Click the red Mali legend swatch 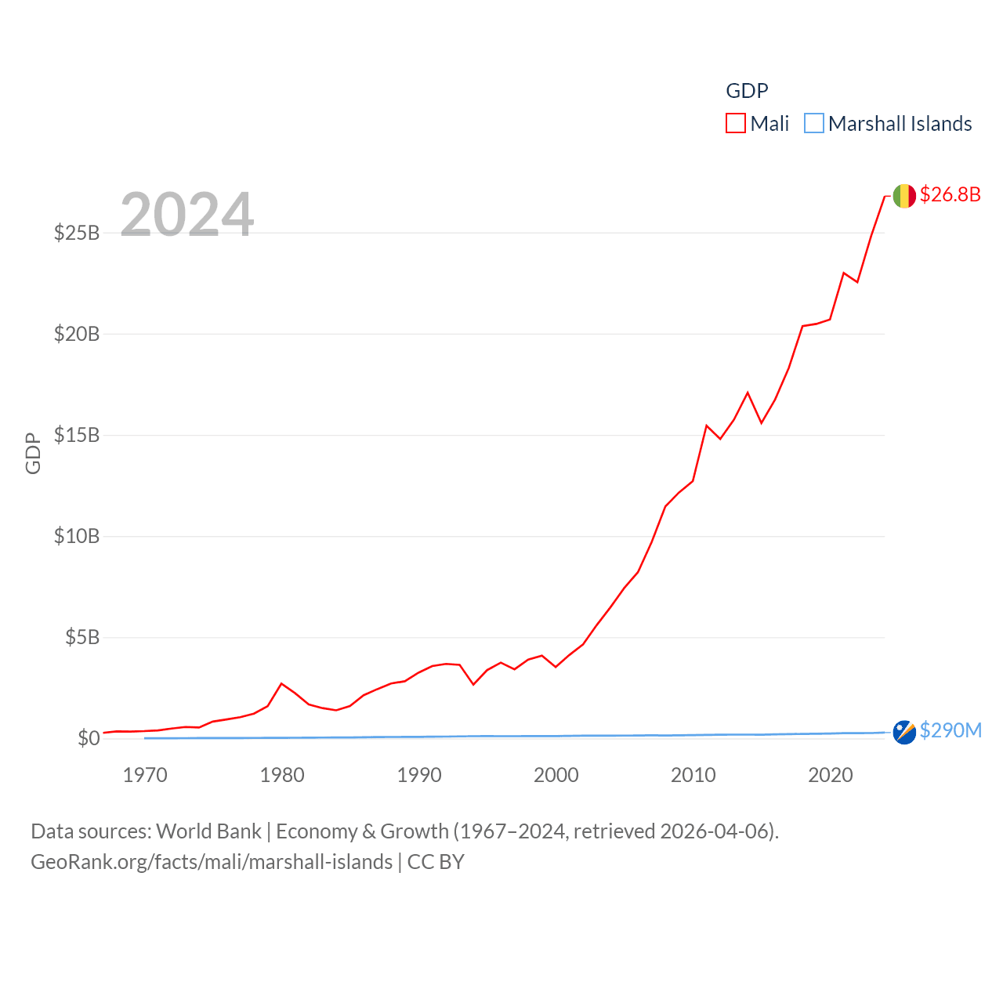pos(735,124)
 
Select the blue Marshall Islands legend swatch pos(814,124)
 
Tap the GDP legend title pos(747,91)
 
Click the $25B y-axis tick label pos(77,233)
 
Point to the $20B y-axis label pos(77,334)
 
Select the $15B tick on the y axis pos(77,435)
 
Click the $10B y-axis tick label pos(77,536)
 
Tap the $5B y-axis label pos(82,637)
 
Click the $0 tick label pos(89,738)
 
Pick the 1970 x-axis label pos(145,775)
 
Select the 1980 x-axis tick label pos(282,775)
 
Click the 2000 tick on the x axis pos(556,775)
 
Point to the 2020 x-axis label pos(831,775)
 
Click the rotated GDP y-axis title pos(33,453)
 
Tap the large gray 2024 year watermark pos(187,214)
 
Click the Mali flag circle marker pos(904,196)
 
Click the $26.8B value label pos(950,194)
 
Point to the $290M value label pos(950,730)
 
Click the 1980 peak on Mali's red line pos(282,683)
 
